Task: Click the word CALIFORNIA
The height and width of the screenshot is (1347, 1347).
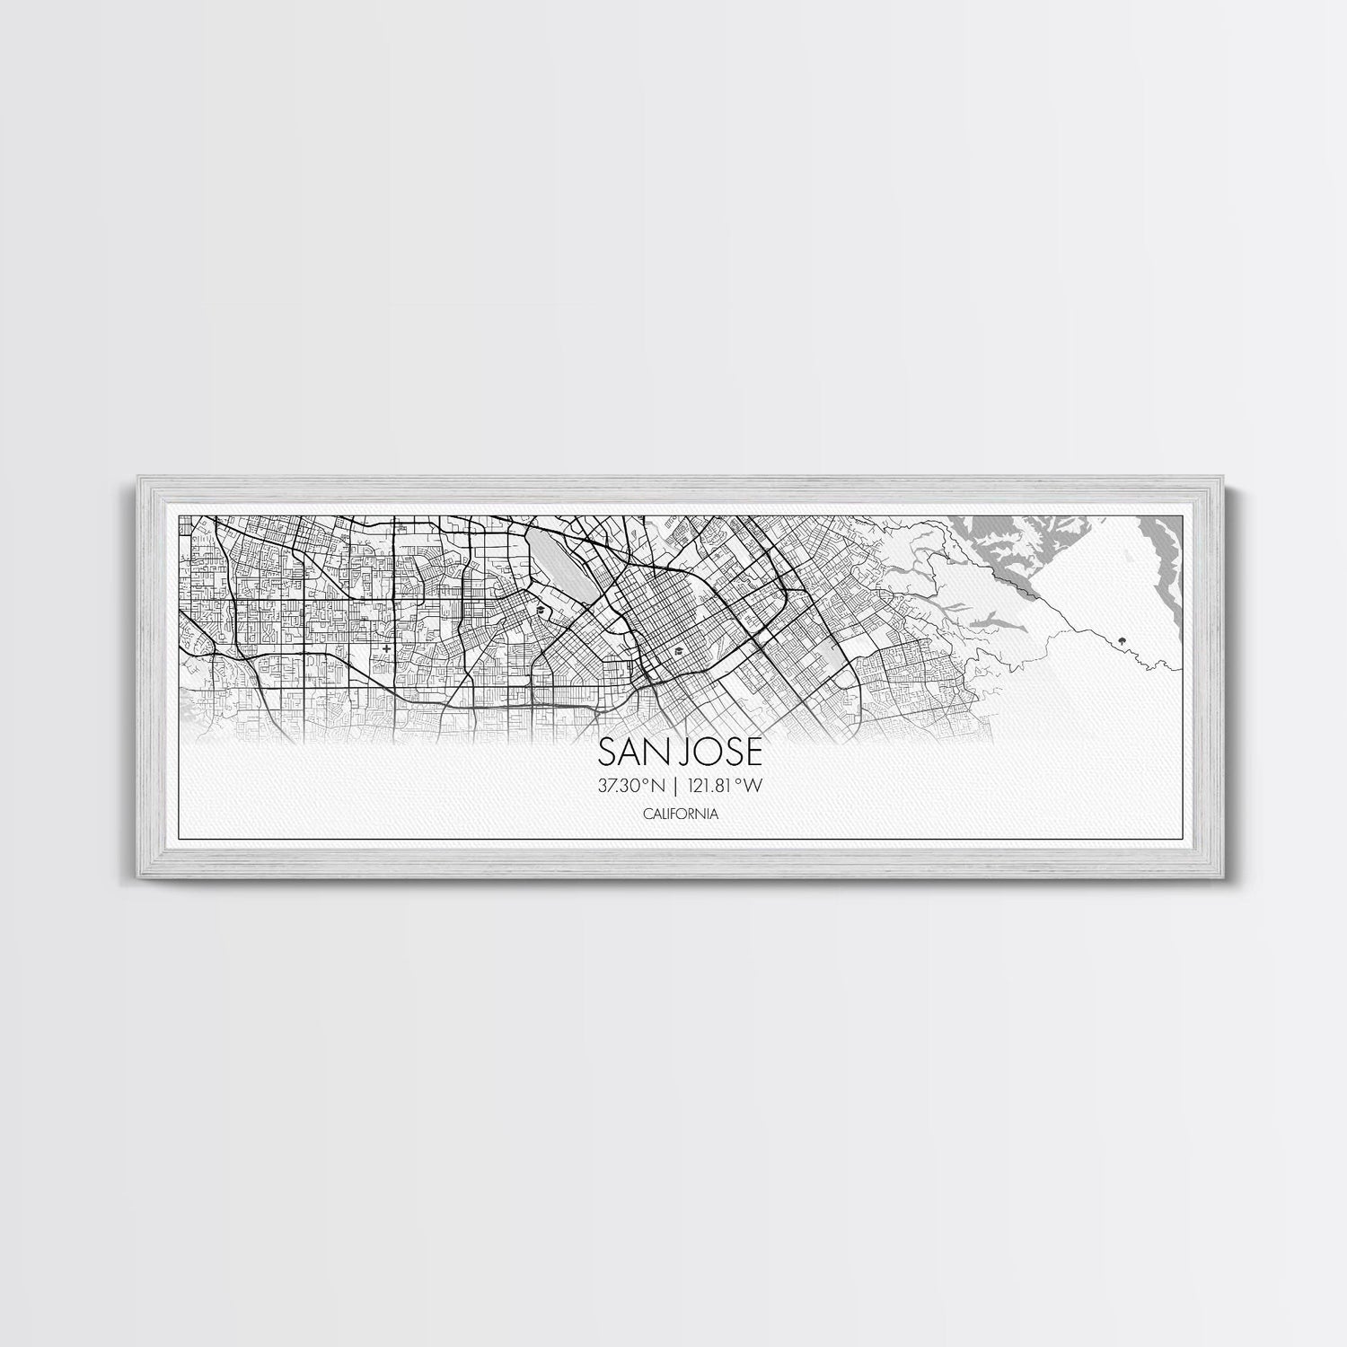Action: pos(680,814)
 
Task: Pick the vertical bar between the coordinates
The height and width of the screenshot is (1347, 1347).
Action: pos(675,786)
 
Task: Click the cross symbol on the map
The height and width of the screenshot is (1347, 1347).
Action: pos(386,647)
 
